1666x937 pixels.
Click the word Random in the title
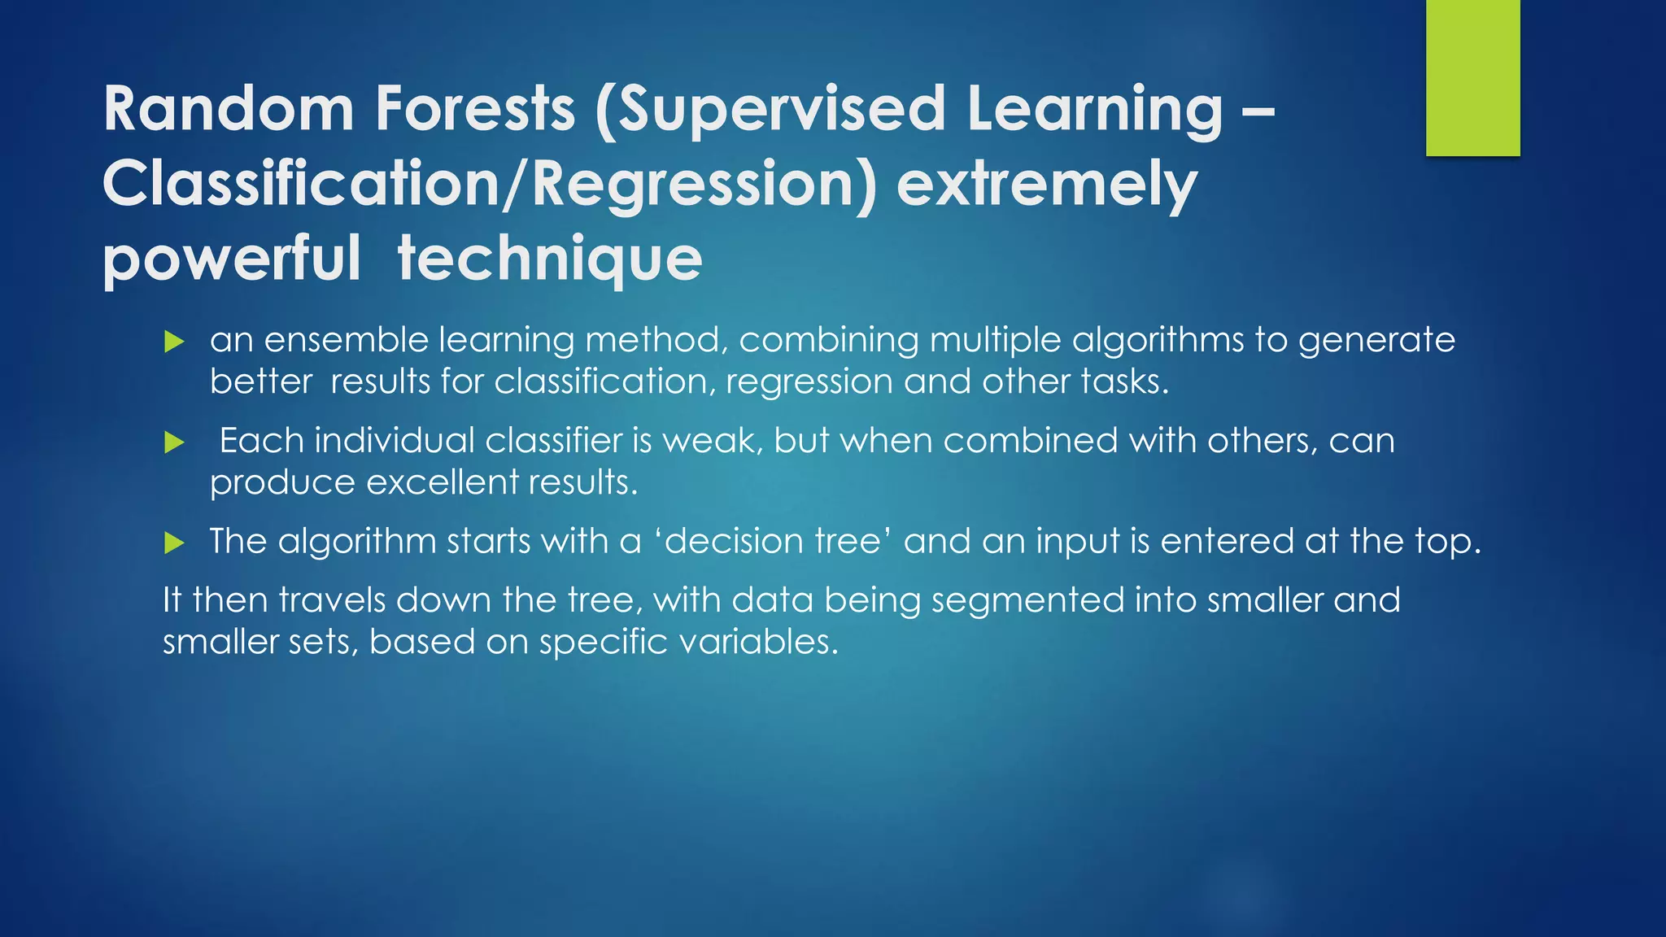pos(229,109)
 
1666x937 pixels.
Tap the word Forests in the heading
pos(475,109)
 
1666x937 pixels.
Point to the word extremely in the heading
pos(1047,184)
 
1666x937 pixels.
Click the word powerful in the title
pos(232,259)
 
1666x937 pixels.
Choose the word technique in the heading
pos(550,259)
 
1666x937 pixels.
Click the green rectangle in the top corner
pos(1472,78)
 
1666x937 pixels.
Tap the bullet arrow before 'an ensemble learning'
pos(174,342)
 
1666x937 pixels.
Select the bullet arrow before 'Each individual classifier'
pos(174,442)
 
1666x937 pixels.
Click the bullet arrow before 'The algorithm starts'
pos(174,543)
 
